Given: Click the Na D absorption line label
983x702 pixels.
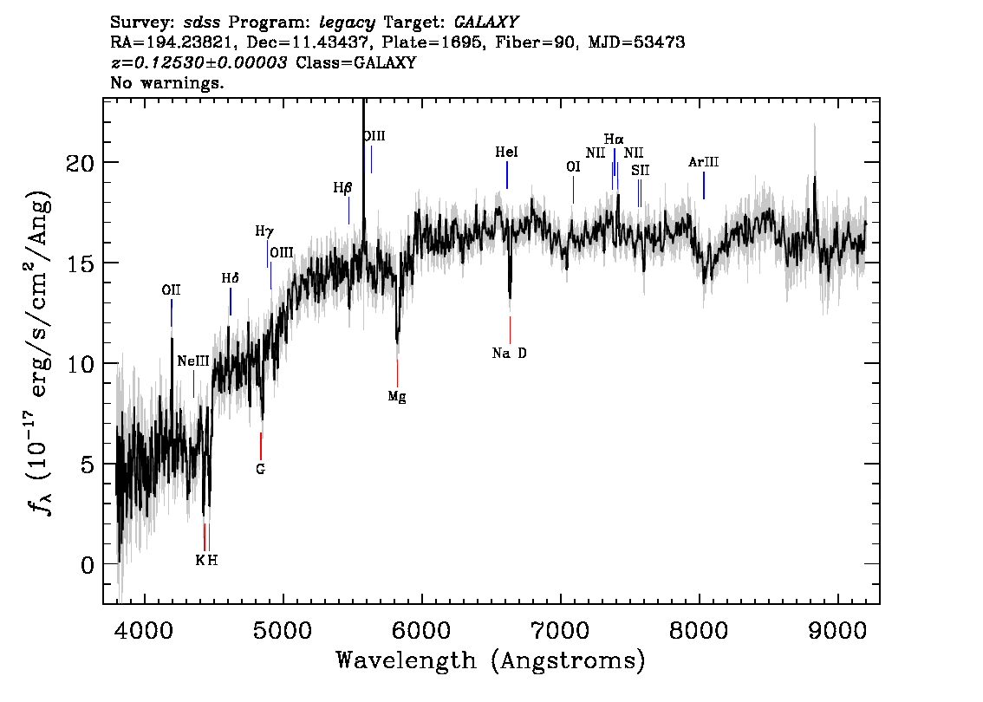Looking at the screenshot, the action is [x=509, y=354].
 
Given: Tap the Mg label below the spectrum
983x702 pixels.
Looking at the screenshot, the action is [x=397, y=397].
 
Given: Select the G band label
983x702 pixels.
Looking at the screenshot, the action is [x=261, y=469].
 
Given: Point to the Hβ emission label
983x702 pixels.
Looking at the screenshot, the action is [x=342, y=188].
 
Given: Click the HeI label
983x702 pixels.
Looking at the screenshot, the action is [x=506, y=153].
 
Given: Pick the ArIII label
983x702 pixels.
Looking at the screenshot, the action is [x=703, y=162].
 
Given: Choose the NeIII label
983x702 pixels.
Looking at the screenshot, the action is [x=193, y=361].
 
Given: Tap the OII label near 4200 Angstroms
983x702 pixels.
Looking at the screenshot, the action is [x=171, y=290].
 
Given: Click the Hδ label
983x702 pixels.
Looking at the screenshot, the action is [x=230, y=278].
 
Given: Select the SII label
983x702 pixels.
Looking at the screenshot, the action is [x=640, y=171].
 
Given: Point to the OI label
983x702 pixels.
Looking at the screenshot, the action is [x=573, y=166].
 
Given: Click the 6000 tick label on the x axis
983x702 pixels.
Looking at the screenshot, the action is [x=422, y=631].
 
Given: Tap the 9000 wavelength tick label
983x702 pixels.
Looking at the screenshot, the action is [x=837, y=631].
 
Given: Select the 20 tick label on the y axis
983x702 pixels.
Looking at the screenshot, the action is [x=81, y=163].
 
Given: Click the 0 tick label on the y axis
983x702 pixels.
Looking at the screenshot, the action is [x=88, y=565].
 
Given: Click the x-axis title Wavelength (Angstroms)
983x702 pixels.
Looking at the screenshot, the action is [x=491, y=660].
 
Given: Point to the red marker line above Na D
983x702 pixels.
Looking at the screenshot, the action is [x=510, y=330].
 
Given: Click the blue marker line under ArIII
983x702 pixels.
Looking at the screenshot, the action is [x=703, y=185].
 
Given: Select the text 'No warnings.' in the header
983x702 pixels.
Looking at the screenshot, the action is [x=166, y=82].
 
